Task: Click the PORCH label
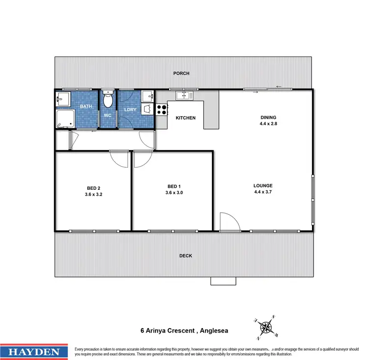pos(181,74)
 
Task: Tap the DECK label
pos(185,256)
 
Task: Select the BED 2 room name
pos(92,188)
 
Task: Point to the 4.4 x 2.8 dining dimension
pos(268,124)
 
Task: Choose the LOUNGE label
pos(263,185)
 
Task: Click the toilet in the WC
pos(108,101)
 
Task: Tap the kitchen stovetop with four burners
pos(161,108)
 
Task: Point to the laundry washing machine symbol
pos(147,109)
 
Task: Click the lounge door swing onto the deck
pos(229,222)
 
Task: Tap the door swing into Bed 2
pos(118,158)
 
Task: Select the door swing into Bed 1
pos(142,159)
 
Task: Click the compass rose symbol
pos(265,326)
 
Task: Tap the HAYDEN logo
pos(34,352)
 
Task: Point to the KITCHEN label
pos(185,118)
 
